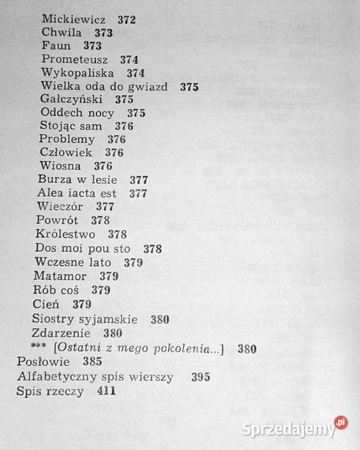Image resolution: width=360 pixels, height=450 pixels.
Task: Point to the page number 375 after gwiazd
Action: (189, 87)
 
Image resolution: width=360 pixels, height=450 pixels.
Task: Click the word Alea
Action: (50, 193)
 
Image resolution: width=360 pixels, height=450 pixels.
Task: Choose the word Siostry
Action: (52, 319)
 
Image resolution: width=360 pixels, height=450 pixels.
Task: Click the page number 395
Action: (201, 377)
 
